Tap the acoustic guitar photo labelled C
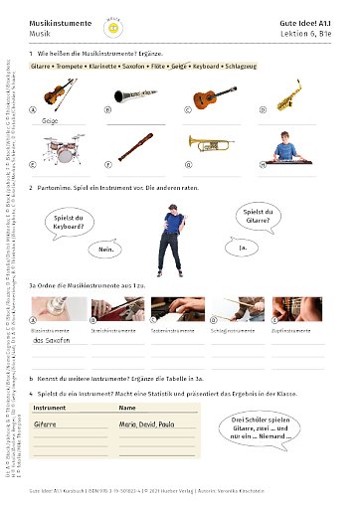coord(214,95)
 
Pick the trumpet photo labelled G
coord(214,147)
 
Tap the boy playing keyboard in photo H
coord(289,147)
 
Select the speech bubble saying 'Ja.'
coord(242,246)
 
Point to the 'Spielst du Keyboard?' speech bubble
coord(75,220)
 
